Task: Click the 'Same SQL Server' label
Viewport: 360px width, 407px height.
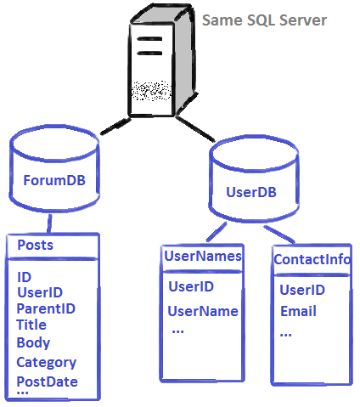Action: click(263, 19)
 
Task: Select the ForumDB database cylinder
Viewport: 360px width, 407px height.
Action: click(53, 174)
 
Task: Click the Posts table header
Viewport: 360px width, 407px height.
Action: click(35, 245)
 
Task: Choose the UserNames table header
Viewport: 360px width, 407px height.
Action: click(202, 256)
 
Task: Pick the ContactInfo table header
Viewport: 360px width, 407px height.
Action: click(312, 259)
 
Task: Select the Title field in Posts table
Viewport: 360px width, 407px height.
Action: click(31, 325)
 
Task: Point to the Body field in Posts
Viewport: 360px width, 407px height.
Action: click(33, 343)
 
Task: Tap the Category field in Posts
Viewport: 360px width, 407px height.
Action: click(46, 363)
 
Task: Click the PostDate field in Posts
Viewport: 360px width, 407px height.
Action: click(47, 382)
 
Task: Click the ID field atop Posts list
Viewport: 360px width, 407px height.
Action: click(24, 276)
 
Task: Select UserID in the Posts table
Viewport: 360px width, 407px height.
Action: click(39, 292)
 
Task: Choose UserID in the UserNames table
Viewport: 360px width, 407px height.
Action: click(190, 286)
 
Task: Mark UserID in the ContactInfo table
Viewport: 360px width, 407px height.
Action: click(302, 291)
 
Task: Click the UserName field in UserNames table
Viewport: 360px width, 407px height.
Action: click(202, 311)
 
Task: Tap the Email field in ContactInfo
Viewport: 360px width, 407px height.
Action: click(298, 311)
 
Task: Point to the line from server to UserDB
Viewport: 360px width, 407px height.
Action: click(197, 129)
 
